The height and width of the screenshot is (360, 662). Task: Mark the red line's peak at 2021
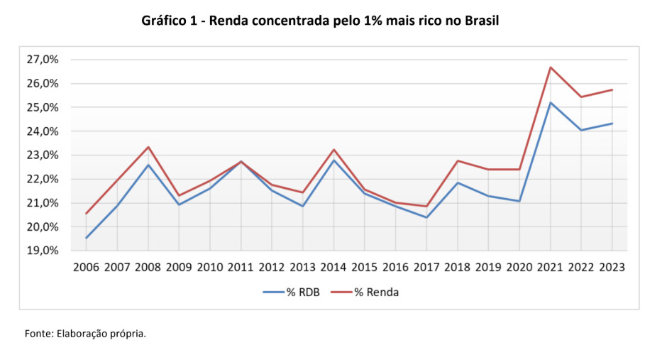click(550, 67)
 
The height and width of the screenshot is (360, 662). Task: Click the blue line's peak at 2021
click(550, 102)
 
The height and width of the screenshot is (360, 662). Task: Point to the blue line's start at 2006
click(86, 238)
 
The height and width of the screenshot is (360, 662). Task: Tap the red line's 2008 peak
click(148, 147)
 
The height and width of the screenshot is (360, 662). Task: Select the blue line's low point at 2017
click(426, 217)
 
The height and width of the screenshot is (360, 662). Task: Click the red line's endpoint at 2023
click(612, 89)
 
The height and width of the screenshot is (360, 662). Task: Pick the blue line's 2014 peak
click(333, 160)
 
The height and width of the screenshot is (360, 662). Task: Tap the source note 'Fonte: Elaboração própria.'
click(85, 333)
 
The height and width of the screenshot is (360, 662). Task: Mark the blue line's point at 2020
click(519, 201)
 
